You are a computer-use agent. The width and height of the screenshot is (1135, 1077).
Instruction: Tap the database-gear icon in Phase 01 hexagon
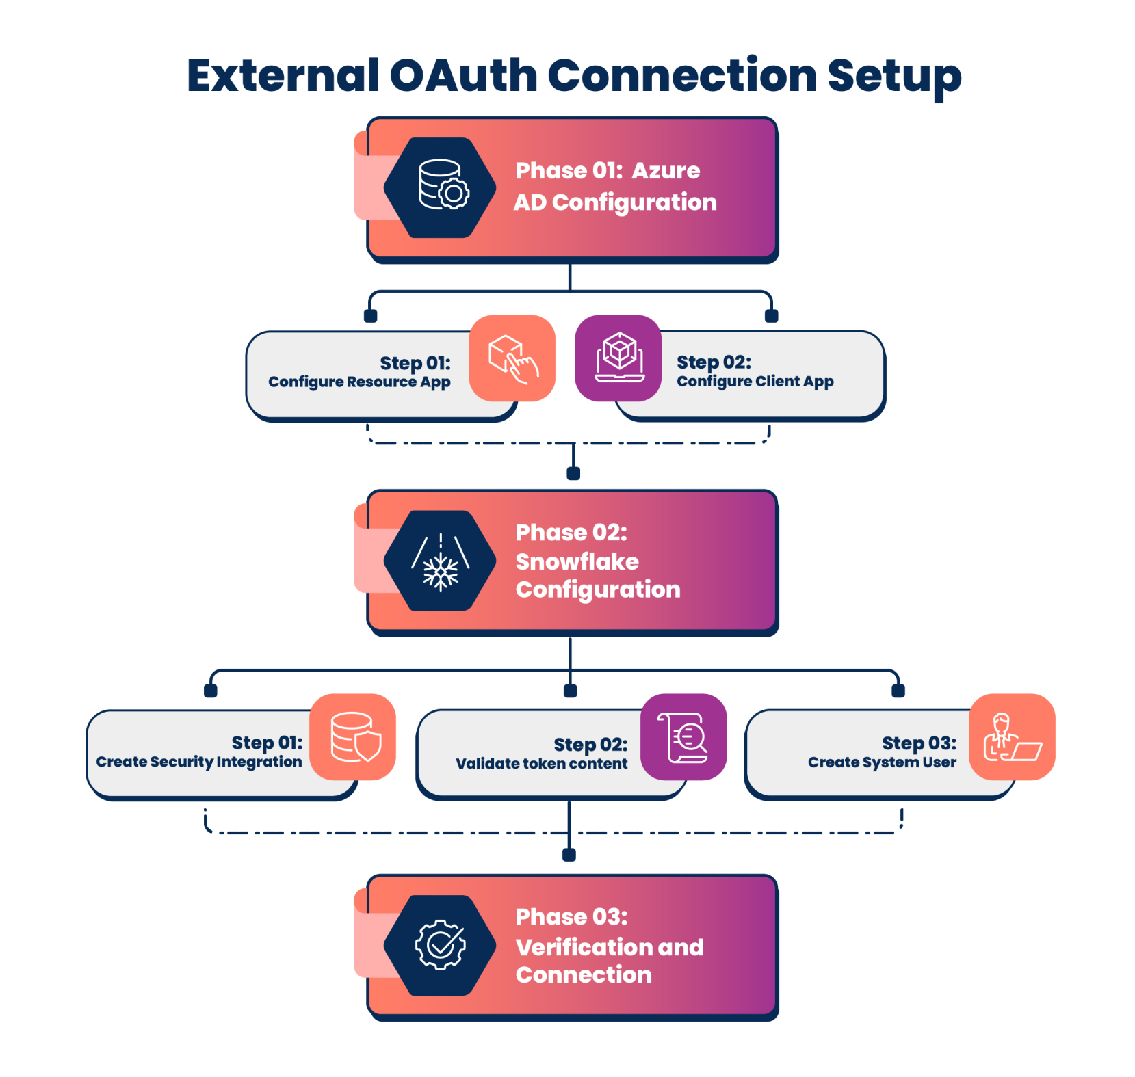(443, 185)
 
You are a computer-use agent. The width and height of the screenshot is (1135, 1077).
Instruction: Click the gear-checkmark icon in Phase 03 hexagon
(440, 944)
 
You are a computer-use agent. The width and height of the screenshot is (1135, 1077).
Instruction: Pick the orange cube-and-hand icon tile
(512, 358)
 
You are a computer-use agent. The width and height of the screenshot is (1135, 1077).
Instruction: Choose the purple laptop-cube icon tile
(618, 358)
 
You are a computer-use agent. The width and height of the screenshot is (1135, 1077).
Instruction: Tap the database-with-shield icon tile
(353, 737)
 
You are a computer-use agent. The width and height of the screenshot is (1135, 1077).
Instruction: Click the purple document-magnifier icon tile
(683, 737)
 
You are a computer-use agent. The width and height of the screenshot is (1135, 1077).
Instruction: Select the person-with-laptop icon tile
(1012, 737)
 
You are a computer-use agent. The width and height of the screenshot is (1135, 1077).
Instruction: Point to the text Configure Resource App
(359, 382)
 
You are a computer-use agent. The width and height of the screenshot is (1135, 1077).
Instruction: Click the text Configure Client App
(755, 382)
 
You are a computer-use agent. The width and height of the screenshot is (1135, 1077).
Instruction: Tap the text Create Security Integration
(198, 762)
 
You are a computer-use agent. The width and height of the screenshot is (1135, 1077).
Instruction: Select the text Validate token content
(541, 764)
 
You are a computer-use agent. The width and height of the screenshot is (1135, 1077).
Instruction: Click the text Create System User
(881, 762)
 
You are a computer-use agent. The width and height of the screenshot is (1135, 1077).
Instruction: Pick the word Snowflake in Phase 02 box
(577, 561)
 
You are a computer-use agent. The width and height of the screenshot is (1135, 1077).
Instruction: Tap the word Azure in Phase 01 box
(665, 170)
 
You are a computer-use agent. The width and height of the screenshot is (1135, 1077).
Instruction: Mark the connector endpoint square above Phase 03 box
(569, 855)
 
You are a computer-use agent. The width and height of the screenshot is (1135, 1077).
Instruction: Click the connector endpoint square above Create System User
(898, 691)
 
